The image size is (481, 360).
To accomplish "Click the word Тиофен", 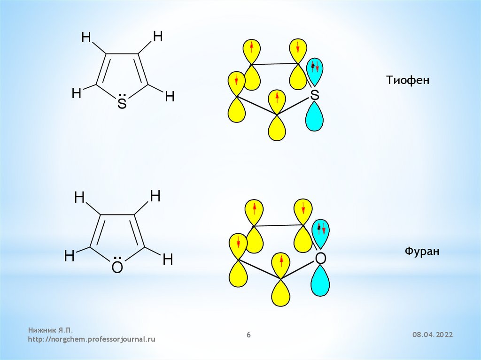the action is pos(408,80).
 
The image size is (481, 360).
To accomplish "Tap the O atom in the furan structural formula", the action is pos(117,268).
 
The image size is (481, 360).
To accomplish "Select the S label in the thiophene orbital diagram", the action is pos(315,96).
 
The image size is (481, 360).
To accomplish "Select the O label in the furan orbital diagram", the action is pos(320,258).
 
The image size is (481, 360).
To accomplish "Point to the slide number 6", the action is pos(249,335).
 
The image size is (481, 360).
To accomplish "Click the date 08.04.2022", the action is pos(433,335).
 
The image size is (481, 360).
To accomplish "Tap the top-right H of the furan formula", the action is pos(155,196).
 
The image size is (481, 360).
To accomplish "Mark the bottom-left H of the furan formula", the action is pos(70,256).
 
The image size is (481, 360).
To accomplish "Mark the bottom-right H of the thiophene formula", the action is pos(170,97).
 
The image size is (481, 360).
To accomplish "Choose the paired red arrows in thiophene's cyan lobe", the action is pos(314,67).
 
